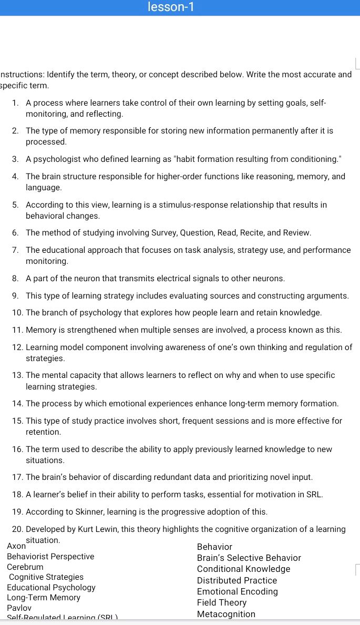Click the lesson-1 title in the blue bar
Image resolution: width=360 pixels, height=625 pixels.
(171, 7)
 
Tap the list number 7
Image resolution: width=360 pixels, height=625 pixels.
(16, 250)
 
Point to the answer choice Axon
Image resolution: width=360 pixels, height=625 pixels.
(16, 546)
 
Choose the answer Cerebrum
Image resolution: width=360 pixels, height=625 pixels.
(25, 567)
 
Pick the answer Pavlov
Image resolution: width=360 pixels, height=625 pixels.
(19, 608)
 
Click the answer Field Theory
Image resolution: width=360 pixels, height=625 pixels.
(221, 602)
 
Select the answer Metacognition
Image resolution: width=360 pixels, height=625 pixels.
(226, 614)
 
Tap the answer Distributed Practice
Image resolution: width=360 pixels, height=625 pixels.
(236, 580)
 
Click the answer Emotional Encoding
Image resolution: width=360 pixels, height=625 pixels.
(237, 591)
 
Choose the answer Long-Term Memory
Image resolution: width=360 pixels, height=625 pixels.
(44, 597)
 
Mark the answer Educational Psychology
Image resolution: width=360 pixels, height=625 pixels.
(51, 587)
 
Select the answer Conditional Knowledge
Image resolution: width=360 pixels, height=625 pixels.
(243, 569)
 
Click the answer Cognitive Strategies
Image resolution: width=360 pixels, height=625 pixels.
(46, 577)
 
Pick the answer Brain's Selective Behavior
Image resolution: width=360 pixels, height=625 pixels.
(249, 558)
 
